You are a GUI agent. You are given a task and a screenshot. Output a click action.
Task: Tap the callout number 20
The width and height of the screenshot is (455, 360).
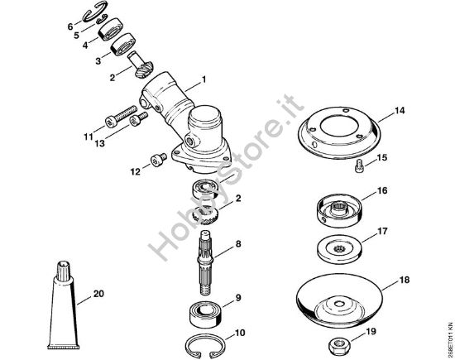98,293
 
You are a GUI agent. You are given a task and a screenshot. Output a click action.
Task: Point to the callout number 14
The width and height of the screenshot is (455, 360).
399,109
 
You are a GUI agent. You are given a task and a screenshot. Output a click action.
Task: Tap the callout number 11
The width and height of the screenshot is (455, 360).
89,135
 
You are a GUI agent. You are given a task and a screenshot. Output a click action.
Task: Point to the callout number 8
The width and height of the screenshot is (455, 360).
238,244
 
